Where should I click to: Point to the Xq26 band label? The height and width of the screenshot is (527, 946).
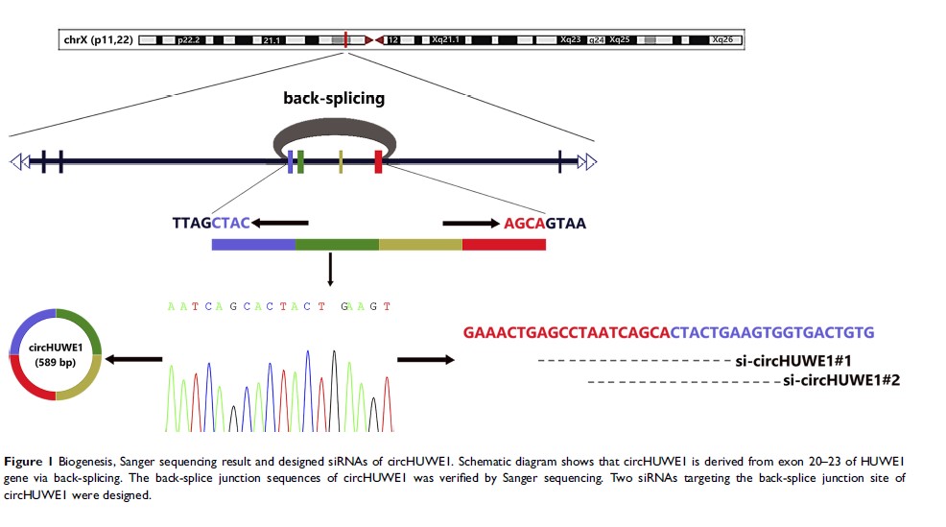tap(723, 40)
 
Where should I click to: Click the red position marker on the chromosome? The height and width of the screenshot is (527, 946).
tap(345, 39)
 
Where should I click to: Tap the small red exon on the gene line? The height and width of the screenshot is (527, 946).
tap(379, 161)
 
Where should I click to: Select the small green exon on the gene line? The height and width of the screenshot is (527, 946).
tap(300, 161)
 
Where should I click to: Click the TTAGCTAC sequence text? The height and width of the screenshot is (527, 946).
tap(211, 224)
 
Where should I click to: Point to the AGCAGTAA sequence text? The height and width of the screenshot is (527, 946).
tap(544, 224)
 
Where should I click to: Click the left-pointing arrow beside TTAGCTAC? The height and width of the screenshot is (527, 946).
tap(279, 224)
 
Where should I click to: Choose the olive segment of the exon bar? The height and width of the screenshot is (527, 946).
tap(420, 244)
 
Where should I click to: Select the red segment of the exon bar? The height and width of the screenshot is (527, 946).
tap(504, 244)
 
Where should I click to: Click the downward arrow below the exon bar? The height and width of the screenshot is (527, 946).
tap(330, 270)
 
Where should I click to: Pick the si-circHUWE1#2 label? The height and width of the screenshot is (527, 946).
tap(841, 381)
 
